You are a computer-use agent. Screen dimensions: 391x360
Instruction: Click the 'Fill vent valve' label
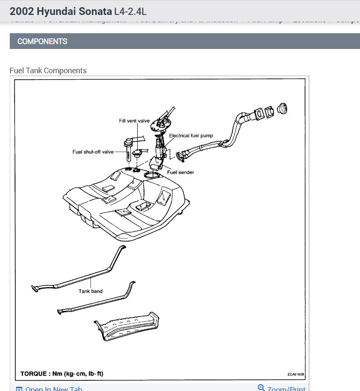click(x=134, y=121)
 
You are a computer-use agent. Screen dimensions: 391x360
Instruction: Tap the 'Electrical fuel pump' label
click(x=191, y=135)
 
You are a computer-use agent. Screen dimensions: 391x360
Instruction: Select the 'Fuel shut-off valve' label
click(x=93, y=152)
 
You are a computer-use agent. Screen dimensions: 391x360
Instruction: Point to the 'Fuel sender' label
click(x=180, y=172)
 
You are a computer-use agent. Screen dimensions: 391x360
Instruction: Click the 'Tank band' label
click(x=90, y=291)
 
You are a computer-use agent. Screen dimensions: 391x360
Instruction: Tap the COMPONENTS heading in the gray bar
click(x=42, y=41)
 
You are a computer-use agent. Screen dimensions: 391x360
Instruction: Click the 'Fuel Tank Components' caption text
click(x=48, y=71)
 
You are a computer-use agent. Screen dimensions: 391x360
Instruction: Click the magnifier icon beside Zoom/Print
click(x=262, y=388)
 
